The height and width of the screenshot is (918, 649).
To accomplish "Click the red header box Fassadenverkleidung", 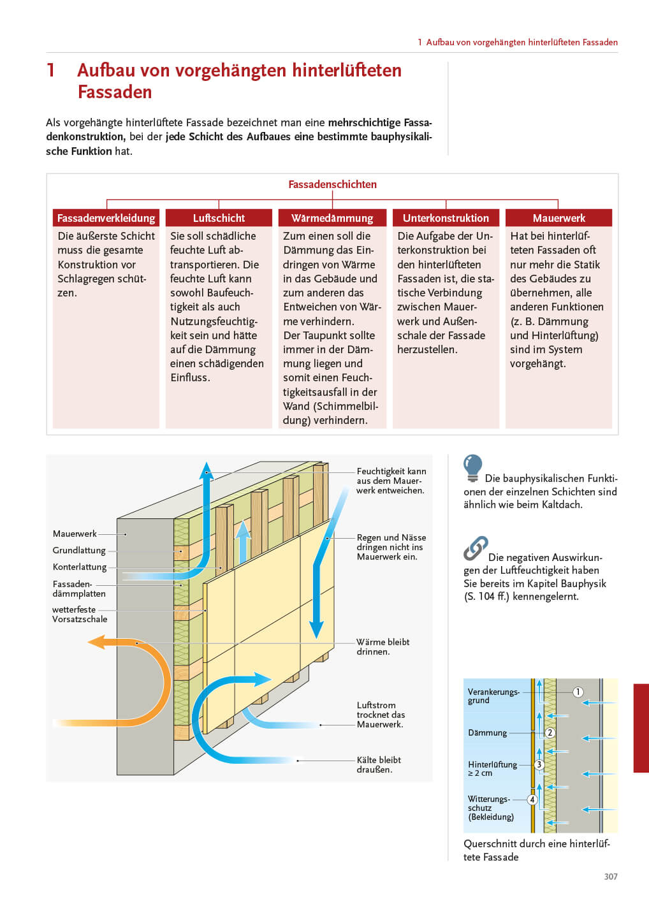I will (106, 218).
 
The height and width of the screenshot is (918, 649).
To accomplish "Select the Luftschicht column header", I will (219, 218).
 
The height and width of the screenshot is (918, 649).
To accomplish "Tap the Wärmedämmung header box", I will (332, 218).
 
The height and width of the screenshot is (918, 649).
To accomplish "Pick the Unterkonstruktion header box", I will (446, 218).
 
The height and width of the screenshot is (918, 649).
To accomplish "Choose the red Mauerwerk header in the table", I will (558, 218).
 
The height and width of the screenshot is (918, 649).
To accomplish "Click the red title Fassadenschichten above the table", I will (332, 184).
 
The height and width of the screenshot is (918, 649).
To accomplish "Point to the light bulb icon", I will (472, 467).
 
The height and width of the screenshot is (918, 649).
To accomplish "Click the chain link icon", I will (476, 548).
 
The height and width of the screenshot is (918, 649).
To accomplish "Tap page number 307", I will (611, 877).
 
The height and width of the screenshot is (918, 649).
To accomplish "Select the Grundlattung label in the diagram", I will (79, 550).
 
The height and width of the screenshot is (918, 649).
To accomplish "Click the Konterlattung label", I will (80, 567).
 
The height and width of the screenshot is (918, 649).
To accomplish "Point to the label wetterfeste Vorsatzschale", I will (80, 615).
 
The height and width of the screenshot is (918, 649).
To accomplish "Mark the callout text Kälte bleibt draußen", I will (379, 764).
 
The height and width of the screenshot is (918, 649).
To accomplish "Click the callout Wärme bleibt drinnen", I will (383, 646).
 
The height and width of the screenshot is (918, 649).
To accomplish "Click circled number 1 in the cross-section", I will (578, 692).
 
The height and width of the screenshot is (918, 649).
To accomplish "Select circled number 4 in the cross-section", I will (532, 799).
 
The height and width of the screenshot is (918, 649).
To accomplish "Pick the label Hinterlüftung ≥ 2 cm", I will (492, 768).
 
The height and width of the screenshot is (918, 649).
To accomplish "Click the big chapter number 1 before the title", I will (51, 70).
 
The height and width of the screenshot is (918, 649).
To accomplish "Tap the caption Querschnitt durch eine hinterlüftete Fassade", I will (536, 850).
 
